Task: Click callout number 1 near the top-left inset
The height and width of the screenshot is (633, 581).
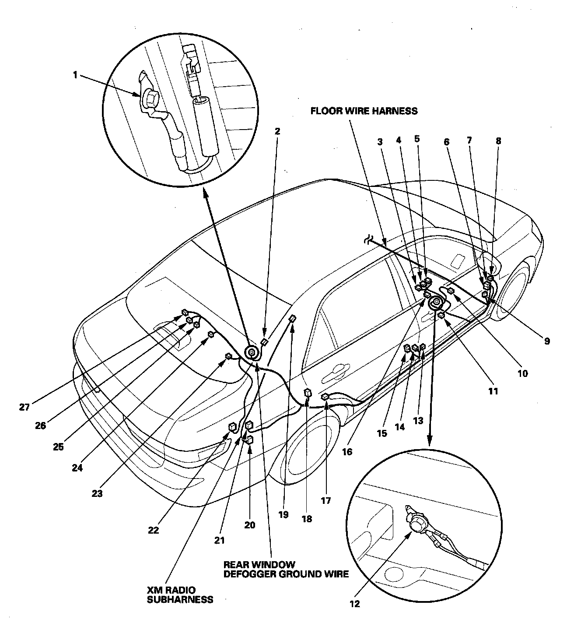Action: click(75, 75)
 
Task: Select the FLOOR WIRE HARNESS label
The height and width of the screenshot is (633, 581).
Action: click(364, 111)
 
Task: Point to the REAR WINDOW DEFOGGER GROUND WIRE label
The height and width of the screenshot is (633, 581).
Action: click(286, 569)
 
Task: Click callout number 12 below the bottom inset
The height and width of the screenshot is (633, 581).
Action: click(354, 604)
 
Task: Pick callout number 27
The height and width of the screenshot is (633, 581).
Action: click(24, 407)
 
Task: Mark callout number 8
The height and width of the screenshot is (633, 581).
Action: click(498, 141)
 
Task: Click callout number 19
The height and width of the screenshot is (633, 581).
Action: click(283, 515)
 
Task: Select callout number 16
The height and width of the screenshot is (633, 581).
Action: click(347, 452)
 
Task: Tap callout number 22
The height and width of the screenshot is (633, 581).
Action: click(153, 531)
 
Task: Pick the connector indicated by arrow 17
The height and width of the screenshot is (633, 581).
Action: click(325, 397)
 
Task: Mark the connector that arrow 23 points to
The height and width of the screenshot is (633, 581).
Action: click(228, 356)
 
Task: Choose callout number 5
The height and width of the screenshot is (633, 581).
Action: click(416, 139)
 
